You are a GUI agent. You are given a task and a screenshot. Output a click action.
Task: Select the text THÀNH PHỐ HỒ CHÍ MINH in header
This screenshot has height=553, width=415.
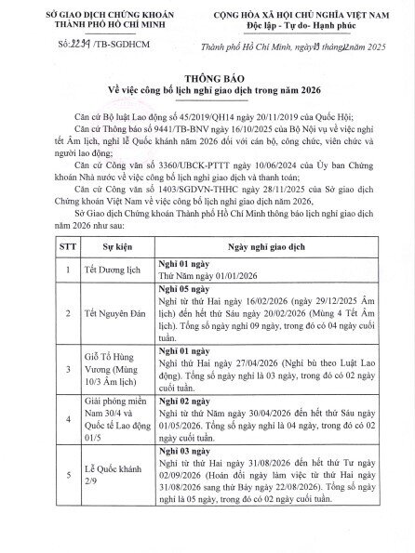(85, 28)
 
